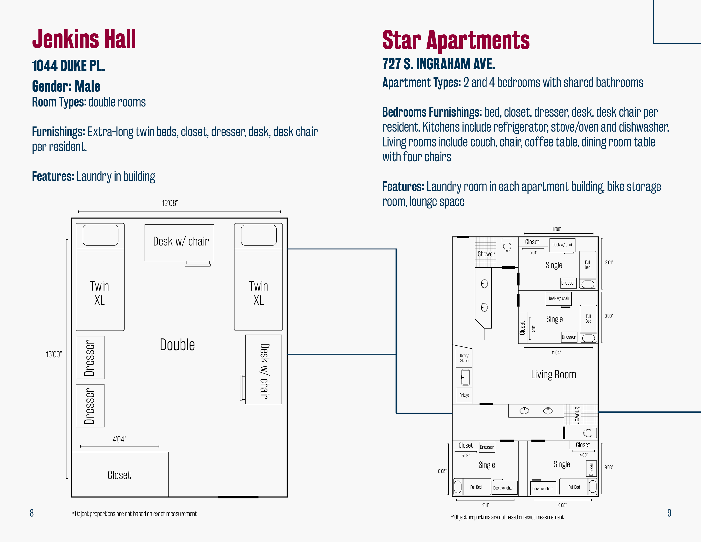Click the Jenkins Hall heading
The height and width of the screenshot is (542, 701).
84,39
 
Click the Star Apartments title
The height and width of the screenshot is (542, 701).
456,40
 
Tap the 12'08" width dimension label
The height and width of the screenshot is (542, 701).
170,203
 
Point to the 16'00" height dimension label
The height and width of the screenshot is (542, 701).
54,355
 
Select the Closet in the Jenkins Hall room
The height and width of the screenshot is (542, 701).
119,475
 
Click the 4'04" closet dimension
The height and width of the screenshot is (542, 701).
119,439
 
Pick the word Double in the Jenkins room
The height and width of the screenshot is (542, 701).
177,345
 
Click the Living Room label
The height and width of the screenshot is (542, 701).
553,374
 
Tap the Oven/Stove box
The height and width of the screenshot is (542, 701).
464,358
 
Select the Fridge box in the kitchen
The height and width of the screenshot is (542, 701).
464,395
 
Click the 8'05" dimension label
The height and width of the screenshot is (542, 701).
442,471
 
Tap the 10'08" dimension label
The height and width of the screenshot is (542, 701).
562,505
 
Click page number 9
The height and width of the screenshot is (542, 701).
669,513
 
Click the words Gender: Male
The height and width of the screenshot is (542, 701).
66,86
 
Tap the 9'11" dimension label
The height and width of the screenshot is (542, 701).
486,505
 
